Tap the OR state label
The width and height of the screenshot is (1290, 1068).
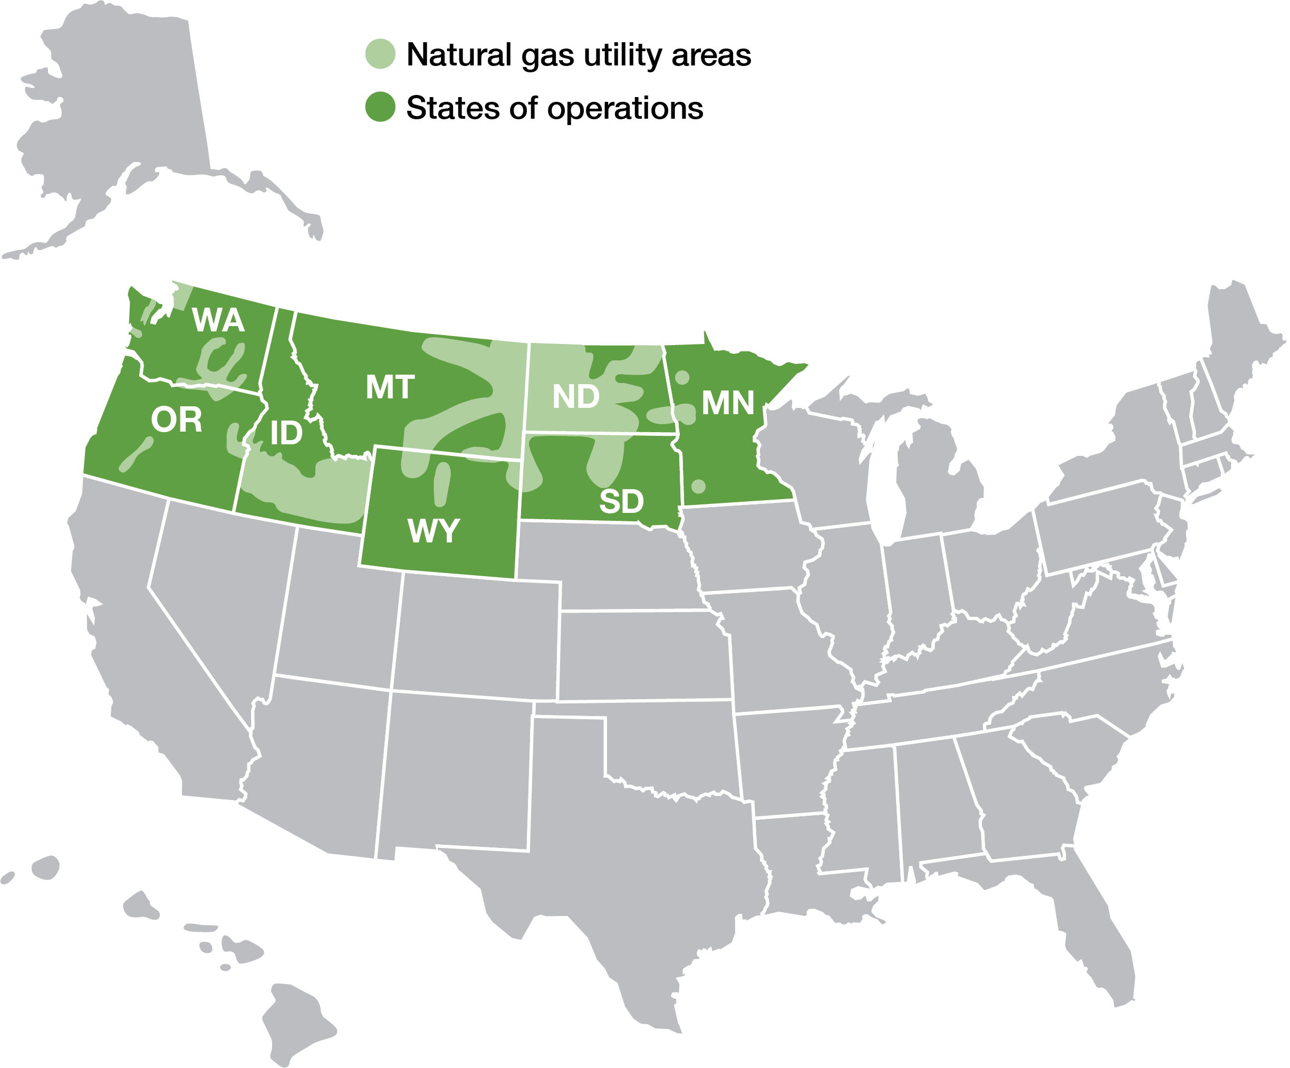click(x=176, y=421)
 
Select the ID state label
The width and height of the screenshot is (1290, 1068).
click(x=286, y=433)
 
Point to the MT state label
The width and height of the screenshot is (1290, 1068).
click(x=390, y=388)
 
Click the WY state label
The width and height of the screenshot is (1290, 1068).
click(x=434, y=530)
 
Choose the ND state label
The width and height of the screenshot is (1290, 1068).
click(x=575, y=397)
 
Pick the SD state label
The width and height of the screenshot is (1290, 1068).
click(x=622, y=502)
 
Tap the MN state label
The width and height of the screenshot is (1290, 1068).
click(x=728, y=404)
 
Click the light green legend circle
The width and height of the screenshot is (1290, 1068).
click(x=380, y=54)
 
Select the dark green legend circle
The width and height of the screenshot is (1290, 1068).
click(x=380, y=108)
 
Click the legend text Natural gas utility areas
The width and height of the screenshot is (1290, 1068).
click(x=579, y=55)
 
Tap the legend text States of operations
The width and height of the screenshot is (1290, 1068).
click(x=555, y=108)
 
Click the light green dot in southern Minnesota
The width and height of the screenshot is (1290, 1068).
click(x=698, y=487)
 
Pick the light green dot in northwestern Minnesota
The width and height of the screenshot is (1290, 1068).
click(x=682, y=377)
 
